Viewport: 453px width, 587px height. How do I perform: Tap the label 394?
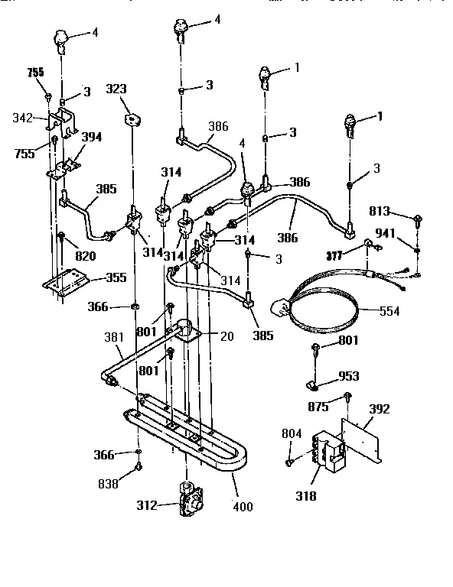point(92,138)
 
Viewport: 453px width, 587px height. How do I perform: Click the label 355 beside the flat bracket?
point(116,277)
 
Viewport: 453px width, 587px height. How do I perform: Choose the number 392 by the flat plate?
point(380,410)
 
